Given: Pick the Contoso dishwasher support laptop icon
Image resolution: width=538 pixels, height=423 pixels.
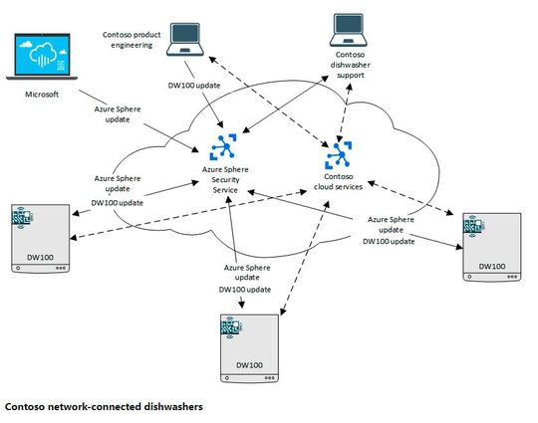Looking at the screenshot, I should pyautogui.click(x=353, y=34).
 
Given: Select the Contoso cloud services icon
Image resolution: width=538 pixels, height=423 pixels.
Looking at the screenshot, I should pyautogui.click(x=340, y=151).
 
